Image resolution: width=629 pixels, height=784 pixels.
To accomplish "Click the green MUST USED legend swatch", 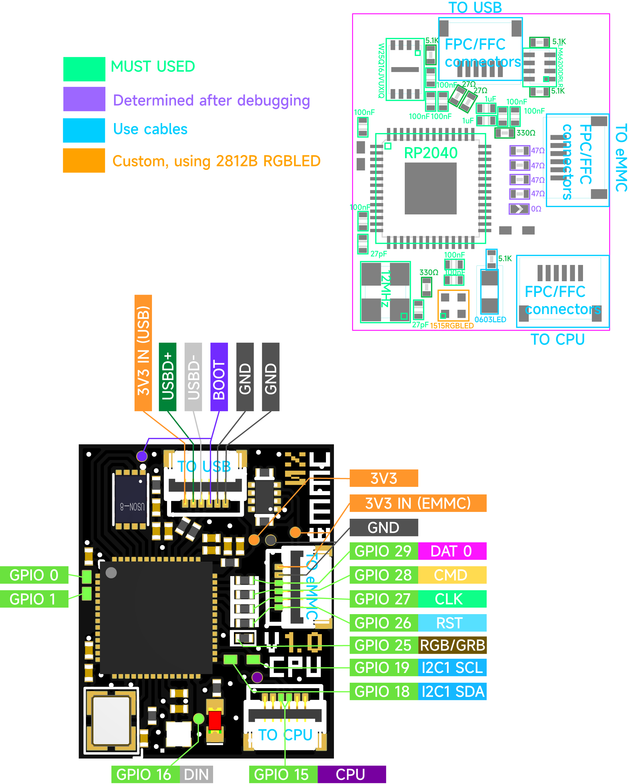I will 84,69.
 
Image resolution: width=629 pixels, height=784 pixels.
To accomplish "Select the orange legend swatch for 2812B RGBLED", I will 84,160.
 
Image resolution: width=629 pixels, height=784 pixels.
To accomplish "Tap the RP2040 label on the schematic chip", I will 431,153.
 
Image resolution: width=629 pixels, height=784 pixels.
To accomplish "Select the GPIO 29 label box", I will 383,551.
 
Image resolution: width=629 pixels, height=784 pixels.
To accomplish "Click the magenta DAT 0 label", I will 452,551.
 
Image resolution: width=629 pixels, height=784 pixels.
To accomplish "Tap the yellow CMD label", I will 452,575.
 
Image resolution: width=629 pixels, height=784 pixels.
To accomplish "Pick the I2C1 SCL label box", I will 452,668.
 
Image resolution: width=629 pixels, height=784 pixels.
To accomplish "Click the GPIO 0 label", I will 34,575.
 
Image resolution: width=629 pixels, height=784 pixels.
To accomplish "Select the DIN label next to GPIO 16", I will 196,775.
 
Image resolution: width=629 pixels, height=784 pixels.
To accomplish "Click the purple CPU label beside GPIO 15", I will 351,775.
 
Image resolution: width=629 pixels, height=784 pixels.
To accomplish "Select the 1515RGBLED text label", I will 452,326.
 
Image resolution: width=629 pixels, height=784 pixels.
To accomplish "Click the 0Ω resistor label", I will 536,209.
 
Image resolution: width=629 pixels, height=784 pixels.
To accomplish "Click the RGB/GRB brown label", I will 452,646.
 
